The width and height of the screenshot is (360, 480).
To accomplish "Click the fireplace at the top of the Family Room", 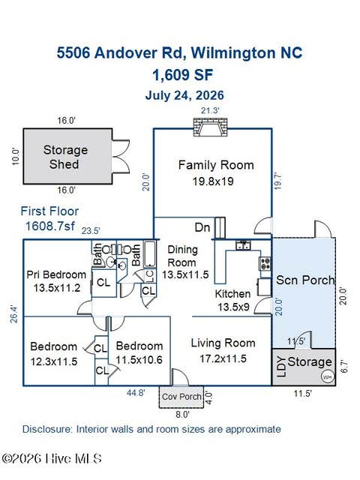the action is pyautogui.click(x=211, y=127).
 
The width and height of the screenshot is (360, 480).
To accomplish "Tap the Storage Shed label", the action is pyautogui.click(x=65, y=157).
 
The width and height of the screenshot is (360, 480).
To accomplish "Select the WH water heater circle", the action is pyautogui.click(x=327, y=377).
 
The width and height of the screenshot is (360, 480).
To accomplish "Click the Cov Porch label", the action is pyautogui.click(x=181, y=397).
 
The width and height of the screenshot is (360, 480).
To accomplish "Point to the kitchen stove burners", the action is pyautogui.click(x=265, y=263).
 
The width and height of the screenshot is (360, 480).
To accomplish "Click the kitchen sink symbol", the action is pyautogui.click(x=243, y=245).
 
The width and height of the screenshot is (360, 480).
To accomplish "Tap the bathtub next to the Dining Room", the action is pyautogui.click(x=150, y=253).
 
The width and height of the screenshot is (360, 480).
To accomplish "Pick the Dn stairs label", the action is pyautogui.click(x=202, y=227).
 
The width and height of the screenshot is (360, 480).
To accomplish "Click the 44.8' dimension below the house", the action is pyautogui.click(x=136, y=392).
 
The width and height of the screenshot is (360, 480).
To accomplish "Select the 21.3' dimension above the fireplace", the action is pyautogui.click(x=210, y=110).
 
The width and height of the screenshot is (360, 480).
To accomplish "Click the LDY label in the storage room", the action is pyautogui.click(x=281, y=367).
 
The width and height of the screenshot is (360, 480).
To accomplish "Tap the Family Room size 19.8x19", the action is pyautogui.click(x=213, y=181).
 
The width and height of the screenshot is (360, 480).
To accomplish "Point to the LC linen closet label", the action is pyautogui.click(x=150, y=276).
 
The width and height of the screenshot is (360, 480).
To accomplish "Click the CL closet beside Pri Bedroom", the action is pyautogui.click(x=103, y=282).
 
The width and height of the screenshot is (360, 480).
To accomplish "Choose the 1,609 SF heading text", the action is pyautogui.click(x=183, y=75).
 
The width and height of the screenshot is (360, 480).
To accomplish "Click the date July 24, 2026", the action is pyautogui.click(x=184, y=95).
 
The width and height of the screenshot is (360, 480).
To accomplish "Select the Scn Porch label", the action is pyautogui.click(x=305, y=280).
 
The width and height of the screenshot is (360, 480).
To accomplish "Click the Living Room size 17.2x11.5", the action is pyautogui.click(x=223, y=358).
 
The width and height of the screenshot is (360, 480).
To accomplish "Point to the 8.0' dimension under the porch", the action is pyautogui.click(x=182, y=415).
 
